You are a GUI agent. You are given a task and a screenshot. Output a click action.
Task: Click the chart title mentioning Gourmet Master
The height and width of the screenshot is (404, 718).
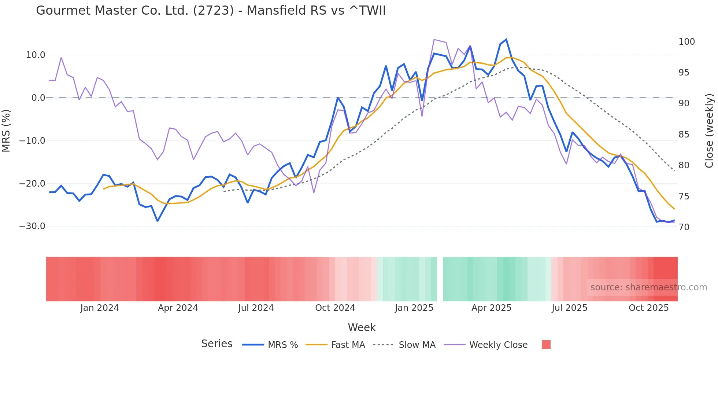211,10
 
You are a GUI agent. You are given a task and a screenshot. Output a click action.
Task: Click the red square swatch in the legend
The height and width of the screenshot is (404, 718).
546,345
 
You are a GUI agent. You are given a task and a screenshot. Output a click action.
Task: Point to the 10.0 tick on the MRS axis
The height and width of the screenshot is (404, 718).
36,55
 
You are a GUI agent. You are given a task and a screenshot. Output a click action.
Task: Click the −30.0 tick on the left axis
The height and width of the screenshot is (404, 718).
32,226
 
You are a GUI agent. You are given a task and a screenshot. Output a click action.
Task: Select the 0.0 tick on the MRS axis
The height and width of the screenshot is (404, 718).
38,98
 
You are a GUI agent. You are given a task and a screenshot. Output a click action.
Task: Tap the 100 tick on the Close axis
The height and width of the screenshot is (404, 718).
686,42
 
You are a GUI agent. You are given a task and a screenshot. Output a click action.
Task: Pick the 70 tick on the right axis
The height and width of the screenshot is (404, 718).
684,227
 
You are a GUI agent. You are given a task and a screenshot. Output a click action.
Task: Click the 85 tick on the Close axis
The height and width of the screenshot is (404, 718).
684,135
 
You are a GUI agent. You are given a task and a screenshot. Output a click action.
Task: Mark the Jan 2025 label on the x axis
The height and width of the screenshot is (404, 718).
414,308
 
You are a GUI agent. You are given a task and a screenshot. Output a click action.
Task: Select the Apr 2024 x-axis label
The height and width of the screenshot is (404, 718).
178,308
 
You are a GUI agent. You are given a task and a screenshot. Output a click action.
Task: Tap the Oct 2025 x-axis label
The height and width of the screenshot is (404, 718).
648,308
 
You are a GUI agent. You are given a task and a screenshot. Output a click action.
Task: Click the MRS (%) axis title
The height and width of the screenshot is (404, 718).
6,131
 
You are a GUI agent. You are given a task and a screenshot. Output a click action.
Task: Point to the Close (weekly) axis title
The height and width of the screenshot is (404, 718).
709,131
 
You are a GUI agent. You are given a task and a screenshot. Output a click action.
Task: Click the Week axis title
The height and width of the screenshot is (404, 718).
362,327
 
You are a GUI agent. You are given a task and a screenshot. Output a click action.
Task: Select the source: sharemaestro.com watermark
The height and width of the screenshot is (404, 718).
648,287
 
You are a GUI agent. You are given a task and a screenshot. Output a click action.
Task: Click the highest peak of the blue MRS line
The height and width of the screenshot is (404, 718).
506,40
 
